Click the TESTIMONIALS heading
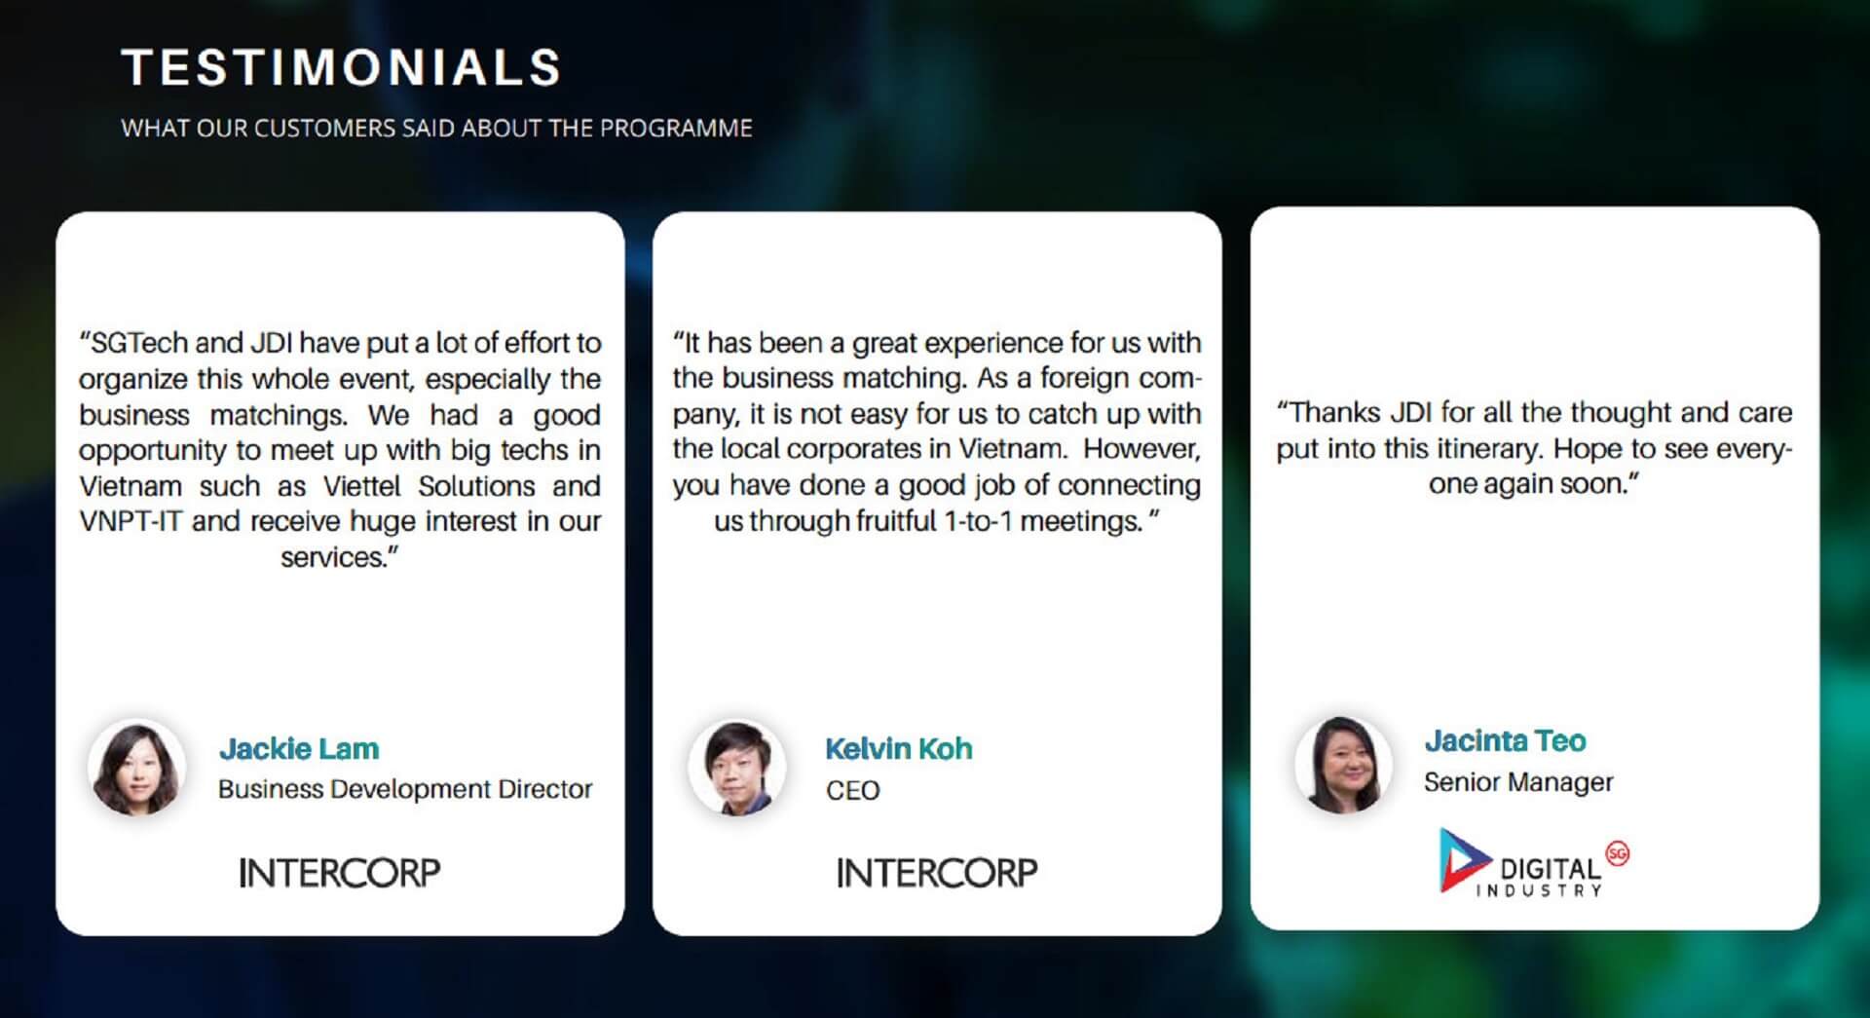(x=341, y=68)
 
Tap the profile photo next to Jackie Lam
(x=136, y=768)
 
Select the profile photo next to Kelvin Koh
(x=737, y=768)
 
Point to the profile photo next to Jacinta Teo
(x=1343, y=764)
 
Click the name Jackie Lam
(x=299, y=748)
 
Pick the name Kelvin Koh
(x=898, y=748)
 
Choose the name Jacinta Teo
(x=1505, y=740)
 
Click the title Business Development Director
(x=405, y=789)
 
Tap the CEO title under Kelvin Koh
(x=852, y=790)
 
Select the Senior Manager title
(x=1518, y=781)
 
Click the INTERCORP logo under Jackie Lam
(x=340, y=873)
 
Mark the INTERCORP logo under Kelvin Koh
(x=937, y=873)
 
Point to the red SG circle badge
(x=1617, y=853)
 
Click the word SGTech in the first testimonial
(x=141, y=343)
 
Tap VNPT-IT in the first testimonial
(x=131, y=521)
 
